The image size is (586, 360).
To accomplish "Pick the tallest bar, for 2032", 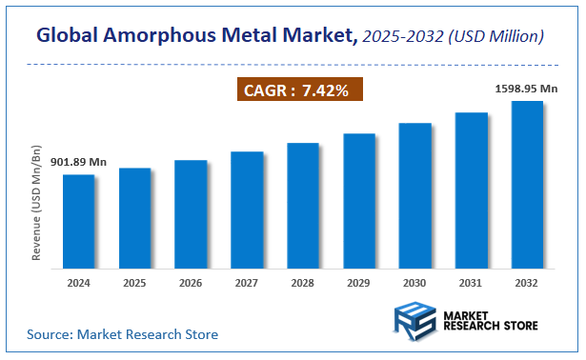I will coord(527,182).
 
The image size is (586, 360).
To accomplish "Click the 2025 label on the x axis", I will coord(134,283).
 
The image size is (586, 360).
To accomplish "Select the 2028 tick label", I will coord(303,283).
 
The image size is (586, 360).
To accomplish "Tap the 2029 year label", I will coord(359,283).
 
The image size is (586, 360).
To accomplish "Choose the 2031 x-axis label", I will coord(471,283).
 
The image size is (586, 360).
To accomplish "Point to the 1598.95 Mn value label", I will coord(528,88).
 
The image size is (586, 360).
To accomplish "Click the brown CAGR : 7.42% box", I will coord(298,90).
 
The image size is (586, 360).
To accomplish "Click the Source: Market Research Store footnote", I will coord(122,334).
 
